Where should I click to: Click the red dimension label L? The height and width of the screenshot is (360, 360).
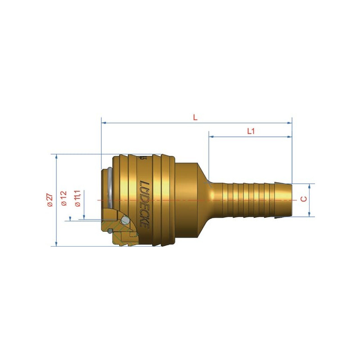pos(195,117)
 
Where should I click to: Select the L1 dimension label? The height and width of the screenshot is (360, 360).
pos(251,131)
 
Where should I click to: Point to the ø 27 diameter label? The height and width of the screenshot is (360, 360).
pos(50,200)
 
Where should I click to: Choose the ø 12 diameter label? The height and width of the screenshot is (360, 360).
pos(63,198)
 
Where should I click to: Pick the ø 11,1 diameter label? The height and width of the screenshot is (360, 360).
pos(77,198)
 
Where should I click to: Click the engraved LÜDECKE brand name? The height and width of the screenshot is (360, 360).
pos(144,205)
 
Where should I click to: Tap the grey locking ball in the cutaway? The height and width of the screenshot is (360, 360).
pos(125,220)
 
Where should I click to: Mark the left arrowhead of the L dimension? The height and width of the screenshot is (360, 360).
pos(104,123)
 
